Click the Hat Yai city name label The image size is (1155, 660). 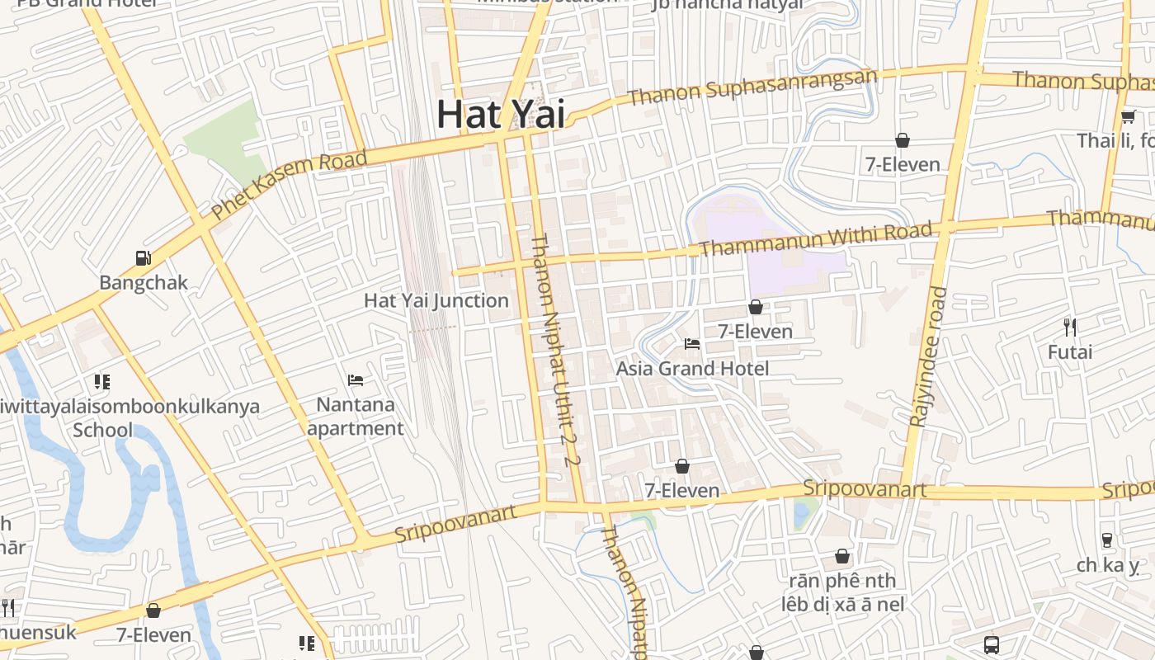click(x=501, y=113)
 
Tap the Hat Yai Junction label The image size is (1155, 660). click(x=436, y=300)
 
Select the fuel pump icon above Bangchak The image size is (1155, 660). click(x=144, y=257)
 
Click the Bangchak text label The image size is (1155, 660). click(x=144, y=283)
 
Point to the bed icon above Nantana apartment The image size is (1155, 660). click(x=356, y=380)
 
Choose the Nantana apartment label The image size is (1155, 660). click(x=356, y=417)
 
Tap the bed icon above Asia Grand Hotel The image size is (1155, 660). click(x=692, y=343)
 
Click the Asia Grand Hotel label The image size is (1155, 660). click(x=692, y=369)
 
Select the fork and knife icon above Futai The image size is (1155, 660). click(x=1070, y=327)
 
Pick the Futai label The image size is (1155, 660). click(x=1070, y=352)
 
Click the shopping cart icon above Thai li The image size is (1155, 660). click(x=1129, y=116)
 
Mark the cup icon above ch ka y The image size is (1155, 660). click(x=1107, y=540)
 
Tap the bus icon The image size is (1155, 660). click(x=992, y=644)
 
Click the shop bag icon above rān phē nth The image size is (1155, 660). click(x=842, y=556)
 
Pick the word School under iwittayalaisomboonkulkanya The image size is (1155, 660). click(x=102, y=430)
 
